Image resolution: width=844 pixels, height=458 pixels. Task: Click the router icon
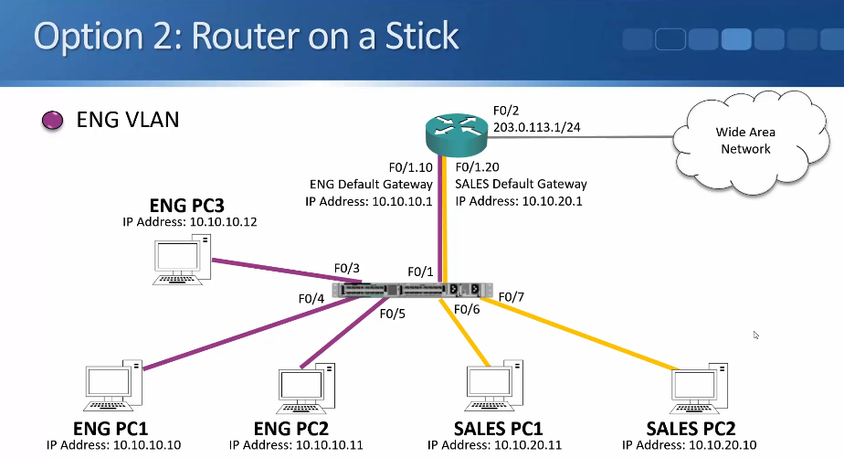coord(457,134)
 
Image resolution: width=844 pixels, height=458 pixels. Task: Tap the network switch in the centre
coord(412,290)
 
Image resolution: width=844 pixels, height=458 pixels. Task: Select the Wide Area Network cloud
coord(750,141)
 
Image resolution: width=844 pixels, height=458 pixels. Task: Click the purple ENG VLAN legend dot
coord(52,120)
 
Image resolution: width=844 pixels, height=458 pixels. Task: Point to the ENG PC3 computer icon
coord(182,260)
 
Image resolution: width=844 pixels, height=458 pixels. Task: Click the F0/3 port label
coord(347,269)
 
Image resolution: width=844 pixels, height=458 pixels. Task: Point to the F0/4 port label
coord(311,298)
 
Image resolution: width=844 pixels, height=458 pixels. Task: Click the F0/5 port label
coord(393,314)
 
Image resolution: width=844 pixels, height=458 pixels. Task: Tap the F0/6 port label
coord(467,309)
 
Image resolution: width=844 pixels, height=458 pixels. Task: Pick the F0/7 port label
coord(512,297)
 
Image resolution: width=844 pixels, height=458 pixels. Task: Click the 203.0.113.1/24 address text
coord(537,127)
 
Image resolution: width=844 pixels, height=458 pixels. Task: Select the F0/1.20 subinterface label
coord(477,167)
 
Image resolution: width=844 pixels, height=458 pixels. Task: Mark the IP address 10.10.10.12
coord(224,222)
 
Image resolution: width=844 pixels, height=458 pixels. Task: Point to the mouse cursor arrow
coord(755,336)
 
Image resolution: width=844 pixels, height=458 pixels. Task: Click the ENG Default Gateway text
coord(371,185)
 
